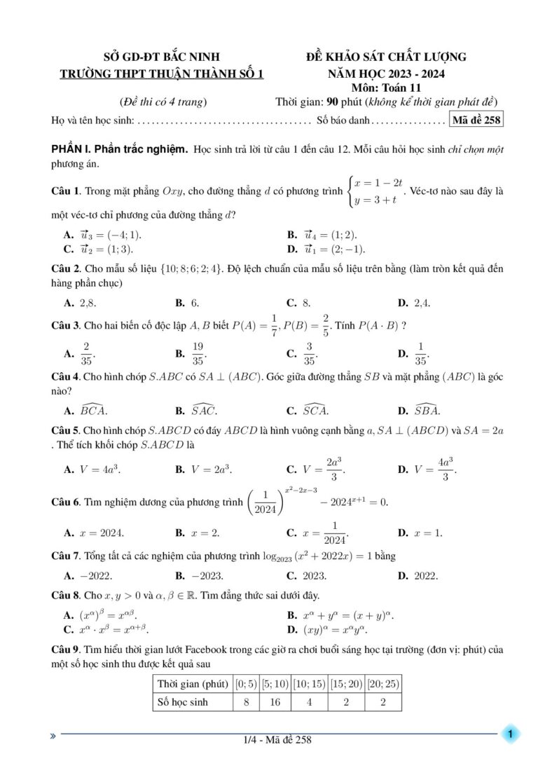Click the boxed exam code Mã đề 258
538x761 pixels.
coord(477,119)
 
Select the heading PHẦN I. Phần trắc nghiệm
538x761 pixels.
coord(120,150)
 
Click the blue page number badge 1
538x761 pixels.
coord(511,733)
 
